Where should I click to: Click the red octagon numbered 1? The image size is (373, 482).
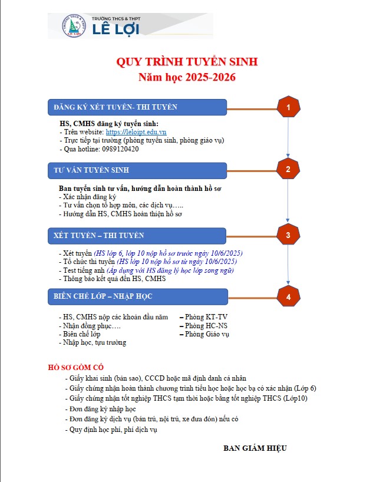coord(288,108)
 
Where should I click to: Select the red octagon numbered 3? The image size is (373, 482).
coord(288,236)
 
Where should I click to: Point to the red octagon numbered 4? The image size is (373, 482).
coord(288,297)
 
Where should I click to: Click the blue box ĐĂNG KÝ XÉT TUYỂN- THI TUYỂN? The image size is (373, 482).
coord(137,107)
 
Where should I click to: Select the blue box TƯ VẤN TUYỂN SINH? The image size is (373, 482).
coord(137,170)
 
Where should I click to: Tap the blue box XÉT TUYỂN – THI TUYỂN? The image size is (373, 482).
coord(137,236)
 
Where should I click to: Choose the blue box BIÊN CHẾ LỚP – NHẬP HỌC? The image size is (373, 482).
coord(137,296)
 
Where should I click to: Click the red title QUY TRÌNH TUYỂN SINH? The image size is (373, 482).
coord(187,62)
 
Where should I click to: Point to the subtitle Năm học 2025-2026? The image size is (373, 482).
coord(187,77)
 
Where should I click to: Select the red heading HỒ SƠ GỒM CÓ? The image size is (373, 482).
coord(75,368)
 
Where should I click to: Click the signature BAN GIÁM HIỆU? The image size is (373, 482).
coord(255,448)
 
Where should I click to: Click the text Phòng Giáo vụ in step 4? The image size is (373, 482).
coord(207,334)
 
